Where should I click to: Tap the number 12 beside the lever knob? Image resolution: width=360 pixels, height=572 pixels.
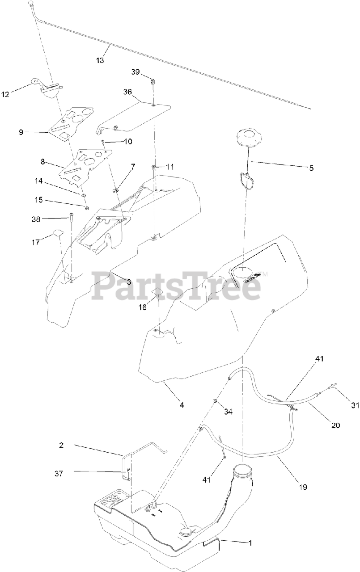[x=6, y=94]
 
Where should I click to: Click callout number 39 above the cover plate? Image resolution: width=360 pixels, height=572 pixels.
[x=136, y=72]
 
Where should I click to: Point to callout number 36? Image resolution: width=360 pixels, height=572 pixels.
[x=128, y=92]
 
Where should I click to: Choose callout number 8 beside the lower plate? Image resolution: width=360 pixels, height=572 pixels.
[x=43, y=161]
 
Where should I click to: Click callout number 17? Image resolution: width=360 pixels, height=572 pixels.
[x=36, y=242]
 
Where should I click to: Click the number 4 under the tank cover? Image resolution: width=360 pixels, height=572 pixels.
[x=182, y=405]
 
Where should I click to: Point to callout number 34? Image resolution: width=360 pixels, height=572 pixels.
[x=228, y=411]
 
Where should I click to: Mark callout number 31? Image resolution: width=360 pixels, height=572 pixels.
[x=355, y=405]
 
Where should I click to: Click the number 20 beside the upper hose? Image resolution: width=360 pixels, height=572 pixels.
[x=335, y=425]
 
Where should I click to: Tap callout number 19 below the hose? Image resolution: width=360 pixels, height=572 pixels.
[x=303, y=487]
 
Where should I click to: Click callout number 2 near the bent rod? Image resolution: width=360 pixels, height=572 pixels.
[x=61, y=445]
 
